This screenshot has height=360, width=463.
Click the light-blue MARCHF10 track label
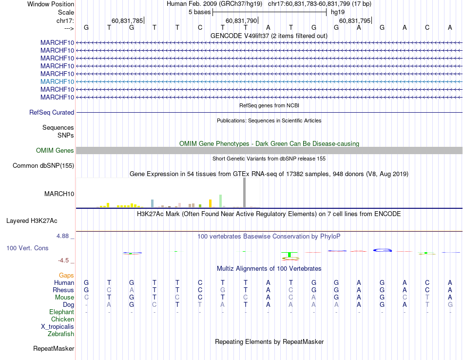coord(58,81)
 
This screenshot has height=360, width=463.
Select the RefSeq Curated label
coord(52,112)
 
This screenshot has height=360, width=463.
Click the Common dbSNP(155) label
coord(43,166)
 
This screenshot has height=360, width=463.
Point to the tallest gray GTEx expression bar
coord(245,193)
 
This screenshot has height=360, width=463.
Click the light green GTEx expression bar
coord(221,201)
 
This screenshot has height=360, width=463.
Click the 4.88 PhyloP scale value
coord(65,236)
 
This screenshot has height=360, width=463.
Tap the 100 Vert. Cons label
coord(27,248)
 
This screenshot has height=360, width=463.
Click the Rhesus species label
coord(63,290)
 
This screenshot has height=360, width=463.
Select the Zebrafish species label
coord(61,334)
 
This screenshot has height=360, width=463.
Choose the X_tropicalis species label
coord(58,327)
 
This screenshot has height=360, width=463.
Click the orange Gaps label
coord(66,276)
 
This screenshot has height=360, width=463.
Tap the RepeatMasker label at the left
coord(54,349)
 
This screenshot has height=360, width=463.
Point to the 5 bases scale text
coord(199,12)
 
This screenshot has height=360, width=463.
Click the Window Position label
coord(51,4)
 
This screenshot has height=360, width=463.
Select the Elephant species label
coord(61,312)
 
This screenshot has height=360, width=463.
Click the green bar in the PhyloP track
coord(290,254)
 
